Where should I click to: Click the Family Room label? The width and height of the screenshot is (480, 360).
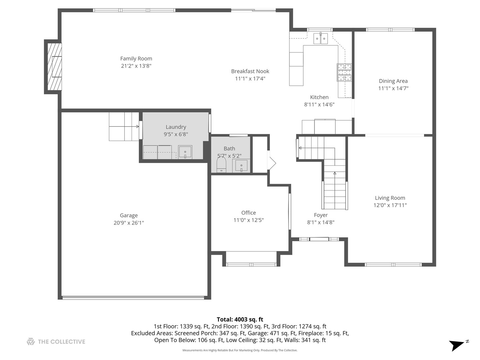[136, 59]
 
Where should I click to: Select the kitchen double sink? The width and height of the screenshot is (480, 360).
[321, 38]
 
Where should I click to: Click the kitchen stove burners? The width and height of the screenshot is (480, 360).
[344, 72]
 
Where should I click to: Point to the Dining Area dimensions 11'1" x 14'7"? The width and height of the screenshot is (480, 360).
[393, 88]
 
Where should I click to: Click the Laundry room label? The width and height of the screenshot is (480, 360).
[176, 127]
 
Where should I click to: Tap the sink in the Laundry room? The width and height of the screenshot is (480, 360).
[185, 152]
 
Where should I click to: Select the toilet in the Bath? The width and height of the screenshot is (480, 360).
[221, 165]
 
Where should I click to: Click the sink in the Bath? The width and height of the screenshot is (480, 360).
[241, 165]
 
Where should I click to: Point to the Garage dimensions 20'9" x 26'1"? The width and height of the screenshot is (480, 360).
[129, 223]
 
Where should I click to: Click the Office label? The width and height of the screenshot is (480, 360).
[248, 213]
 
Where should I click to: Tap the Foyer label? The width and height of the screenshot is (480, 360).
[321, 215]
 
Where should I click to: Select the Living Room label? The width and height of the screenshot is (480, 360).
[390, 198]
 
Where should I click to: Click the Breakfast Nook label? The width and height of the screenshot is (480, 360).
[250, 71]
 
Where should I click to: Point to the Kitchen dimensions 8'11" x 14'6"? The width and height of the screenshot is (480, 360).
[319, 104]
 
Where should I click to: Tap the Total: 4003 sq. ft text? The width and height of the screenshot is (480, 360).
[240, 320]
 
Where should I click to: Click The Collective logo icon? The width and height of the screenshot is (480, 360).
[31, 341]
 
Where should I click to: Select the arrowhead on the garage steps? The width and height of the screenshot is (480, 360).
[138, 127]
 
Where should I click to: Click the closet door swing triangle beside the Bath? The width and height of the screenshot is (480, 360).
[272, 163]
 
